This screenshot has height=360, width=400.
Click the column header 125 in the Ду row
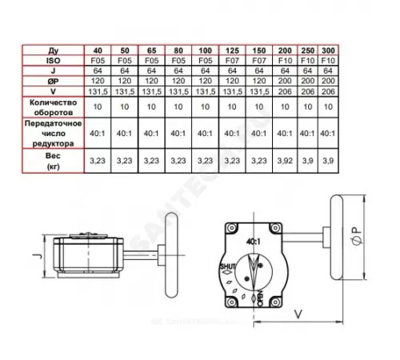[233, 50]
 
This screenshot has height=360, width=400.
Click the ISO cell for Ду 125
[233, 59]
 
